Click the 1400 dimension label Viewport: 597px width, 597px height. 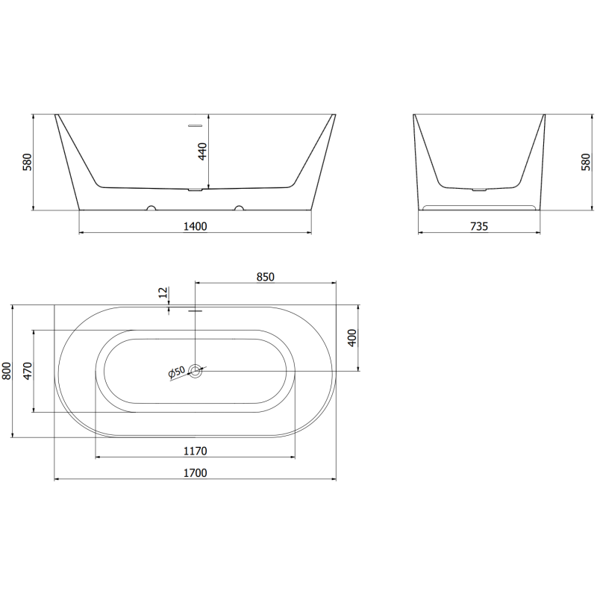pos(195,226)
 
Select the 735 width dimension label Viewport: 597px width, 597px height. pos(479,226)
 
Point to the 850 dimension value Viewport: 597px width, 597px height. pos(266,276)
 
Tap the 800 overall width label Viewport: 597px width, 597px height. pos(7,371)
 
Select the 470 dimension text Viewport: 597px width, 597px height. pos(28,371)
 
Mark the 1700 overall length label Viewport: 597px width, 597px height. pos(195,472)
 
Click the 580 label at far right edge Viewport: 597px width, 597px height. pos(586,162)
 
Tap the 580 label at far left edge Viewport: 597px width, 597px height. pos(27,162)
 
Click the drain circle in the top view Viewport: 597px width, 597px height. pos(196,369)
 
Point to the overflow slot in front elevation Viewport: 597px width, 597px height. pos(196,126)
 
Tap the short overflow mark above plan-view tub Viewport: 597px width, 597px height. pos(196,310)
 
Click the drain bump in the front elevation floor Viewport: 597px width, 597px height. pos(196,190)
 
